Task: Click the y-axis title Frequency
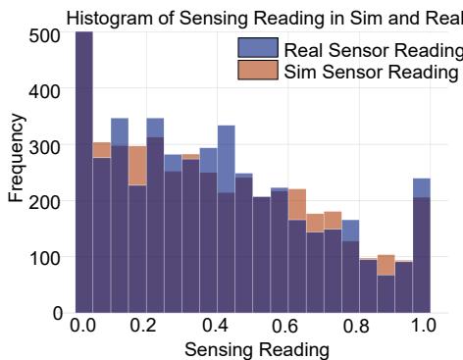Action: (15, 162)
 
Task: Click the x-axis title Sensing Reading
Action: (254, 347)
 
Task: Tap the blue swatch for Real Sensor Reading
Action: (257, 50)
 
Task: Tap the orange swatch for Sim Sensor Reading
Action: (257, 72)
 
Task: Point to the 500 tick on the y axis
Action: (46, 34)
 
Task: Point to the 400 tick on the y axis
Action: (46, 90)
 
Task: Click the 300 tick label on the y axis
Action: (46, 146)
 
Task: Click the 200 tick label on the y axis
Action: (46, 201)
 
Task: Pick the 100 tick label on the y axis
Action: (46, 257)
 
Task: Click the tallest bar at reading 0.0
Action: (84, 177)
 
